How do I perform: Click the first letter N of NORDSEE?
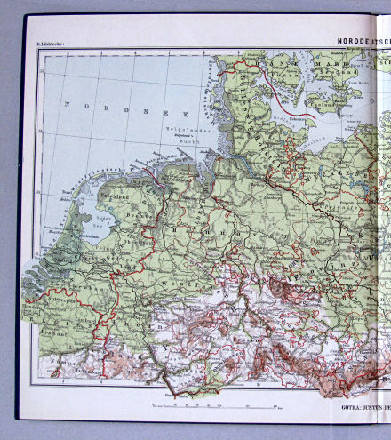click(x=66, y=104)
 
